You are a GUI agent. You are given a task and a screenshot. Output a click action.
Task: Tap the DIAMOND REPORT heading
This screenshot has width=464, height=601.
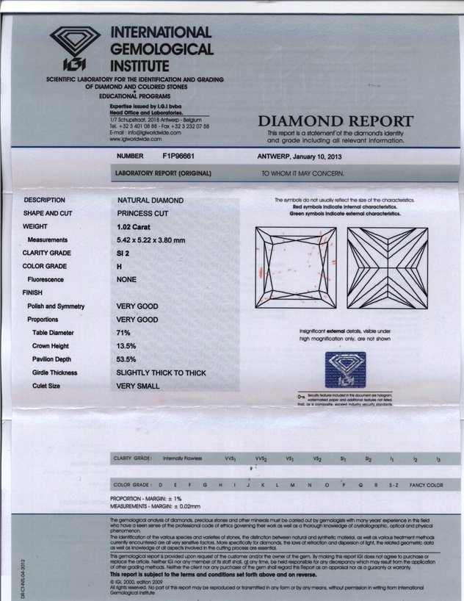pyautogui.click(x=336, y=121)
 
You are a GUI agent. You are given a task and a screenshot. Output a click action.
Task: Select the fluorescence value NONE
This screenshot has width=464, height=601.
pyautogui.click(x=128, y=280)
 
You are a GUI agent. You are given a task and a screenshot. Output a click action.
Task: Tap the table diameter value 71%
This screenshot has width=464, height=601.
pyautogui.click(x=124, y=333)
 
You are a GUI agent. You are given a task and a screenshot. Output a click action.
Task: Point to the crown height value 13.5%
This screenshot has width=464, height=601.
pyautogui.click(x=128, y=346)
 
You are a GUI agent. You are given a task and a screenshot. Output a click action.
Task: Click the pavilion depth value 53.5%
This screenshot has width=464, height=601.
pyautogui.click(x=128, y=359)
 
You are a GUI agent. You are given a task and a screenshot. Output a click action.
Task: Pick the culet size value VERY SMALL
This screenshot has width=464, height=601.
pyautogui.click(x=138, y=386)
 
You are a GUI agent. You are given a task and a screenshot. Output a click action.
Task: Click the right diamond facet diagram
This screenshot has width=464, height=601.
pyautogui.click(x=387, y=267)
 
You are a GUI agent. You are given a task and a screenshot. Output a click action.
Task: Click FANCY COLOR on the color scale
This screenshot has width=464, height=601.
pyautogui.click(x=426, y=485)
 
